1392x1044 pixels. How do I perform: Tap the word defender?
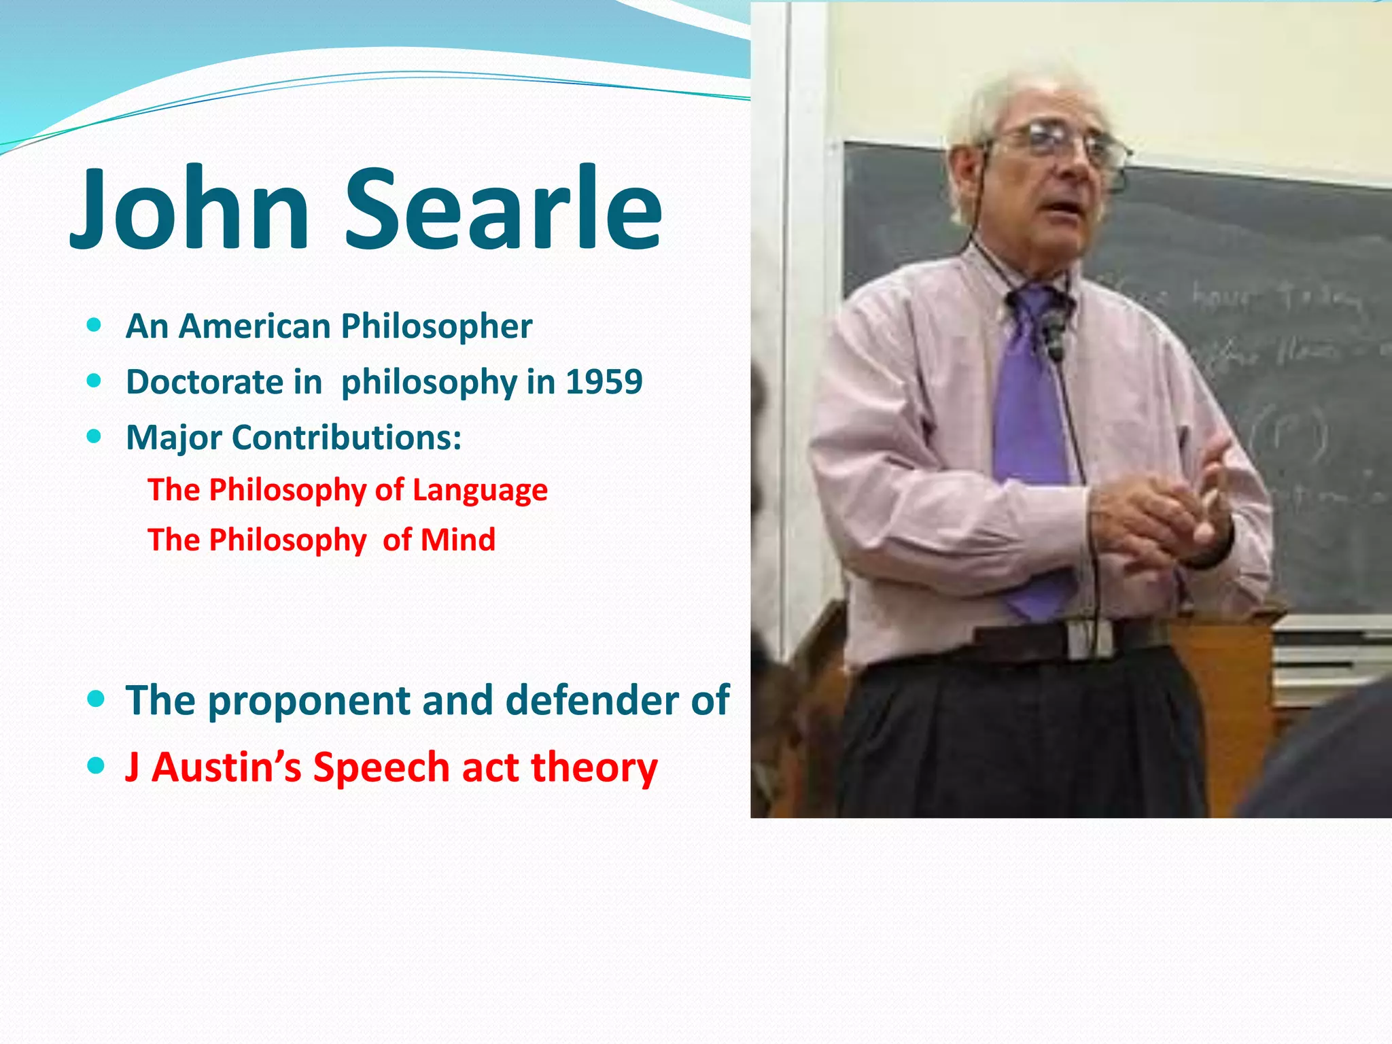pos(592,700)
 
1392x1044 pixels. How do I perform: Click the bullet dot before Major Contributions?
pos(94,436)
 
